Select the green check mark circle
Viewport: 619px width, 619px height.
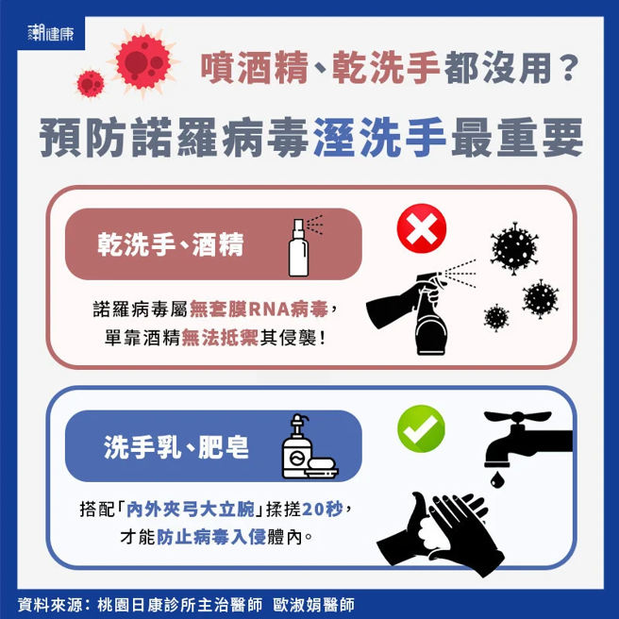[421, 430]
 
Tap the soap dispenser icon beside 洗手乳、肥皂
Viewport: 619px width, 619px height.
[304, 447]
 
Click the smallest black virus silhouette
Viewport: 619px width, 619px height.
[495, 317]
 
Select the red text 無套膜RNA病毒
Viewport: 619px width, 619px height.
[259, 309]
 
